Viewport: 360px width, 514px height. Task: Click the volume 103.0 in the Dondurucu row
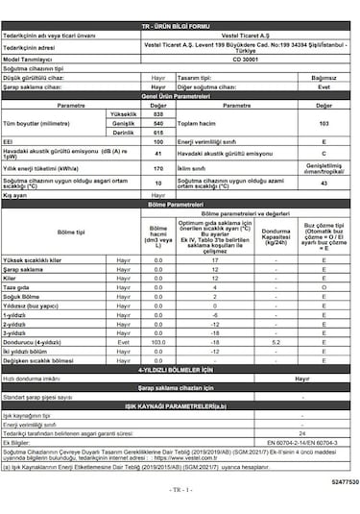click(x=158, y=342)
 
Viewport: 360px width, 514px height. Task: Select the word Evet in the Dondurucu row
click(x=123, y=342)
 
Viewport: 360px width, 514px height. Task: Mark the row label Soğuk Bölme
click(x=23, y=297)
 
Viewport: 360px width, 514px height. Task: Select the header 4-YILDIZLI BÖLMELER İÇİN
click(x=180, y=369)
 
